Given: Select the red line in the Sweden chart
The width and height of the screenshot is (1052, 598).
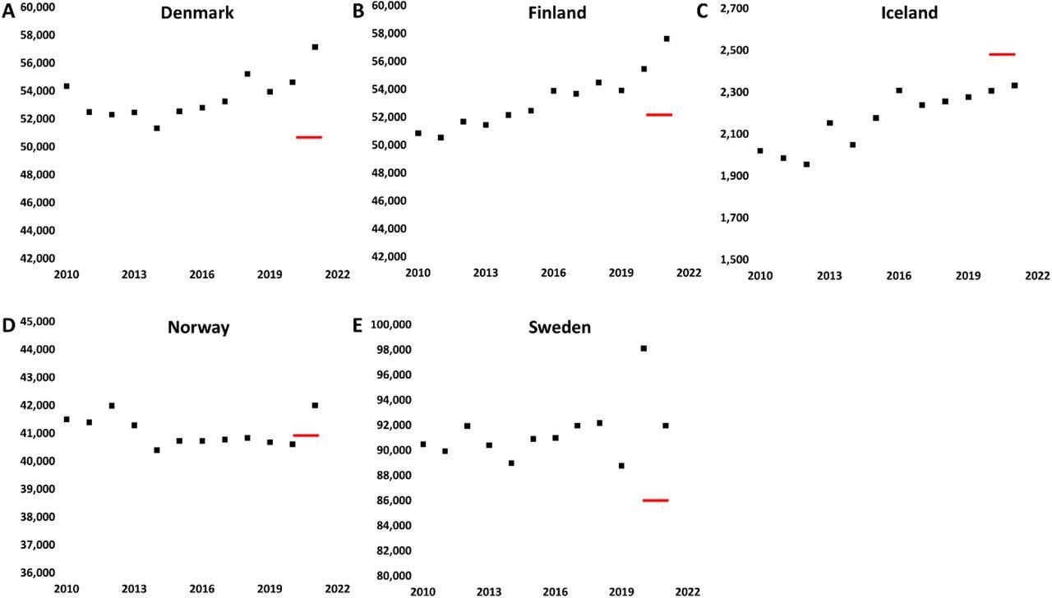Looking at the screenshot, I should click(656, 499).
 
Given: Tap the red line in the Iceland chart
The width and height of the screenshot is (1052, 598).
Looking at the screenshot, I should click(1002, 54).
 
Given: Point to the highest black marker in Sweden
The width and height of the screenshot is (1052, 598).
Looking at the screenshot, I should click(644, 348).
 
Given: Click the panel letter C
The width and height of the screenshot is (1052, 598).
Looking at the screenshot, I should click(702, 11).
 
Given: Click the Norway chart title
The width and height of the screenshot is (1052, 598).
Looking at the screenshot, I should click(199, 328).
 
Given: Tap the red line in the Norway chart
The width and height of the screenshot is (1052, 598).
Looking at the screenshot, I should click(306, 435).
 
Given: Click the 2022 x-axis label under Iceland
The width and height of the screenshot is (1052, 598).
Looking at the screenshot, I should click(1037, 276).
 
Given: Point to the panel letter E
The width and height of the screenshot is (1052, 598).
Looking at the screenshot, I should click(357, 325).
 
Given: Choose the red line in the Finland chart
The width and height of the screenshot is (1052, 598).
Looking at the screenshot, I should click(659, 115).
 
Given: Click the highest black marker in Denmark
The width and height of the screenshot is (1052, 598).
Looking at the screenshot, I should click(315, 47).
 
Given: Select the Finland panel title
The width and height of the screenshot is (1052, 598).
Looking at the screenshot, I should click(557, 13).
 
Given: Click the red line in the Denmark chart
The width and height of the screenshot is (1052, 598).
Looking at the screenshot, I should click(309, 137).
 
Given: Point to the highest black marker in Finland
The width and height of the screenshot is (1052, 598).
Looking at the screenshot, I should click(667, 39).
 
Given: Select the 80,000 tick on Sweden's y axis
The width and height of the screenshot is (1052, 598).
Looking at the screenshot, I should click(391, 575).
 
